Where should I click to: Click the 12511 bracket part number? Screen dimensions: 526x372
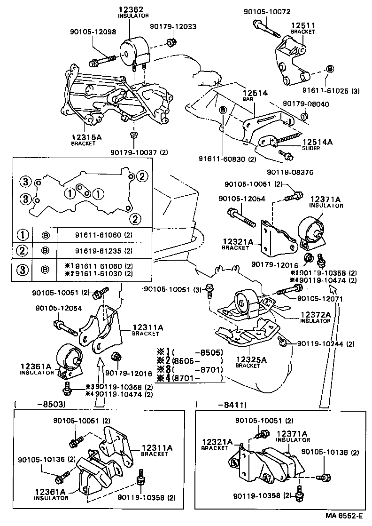(302, 25)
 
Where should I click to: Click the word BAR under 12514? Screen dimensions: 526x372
(248, 100)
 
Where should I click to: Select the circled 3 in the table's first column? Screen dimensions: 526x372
(22, 270)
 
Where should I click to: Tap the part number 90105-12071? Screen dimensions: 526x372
(320, 298)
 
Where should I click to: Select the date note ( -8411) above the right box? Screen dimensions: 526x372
(221, 404)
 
